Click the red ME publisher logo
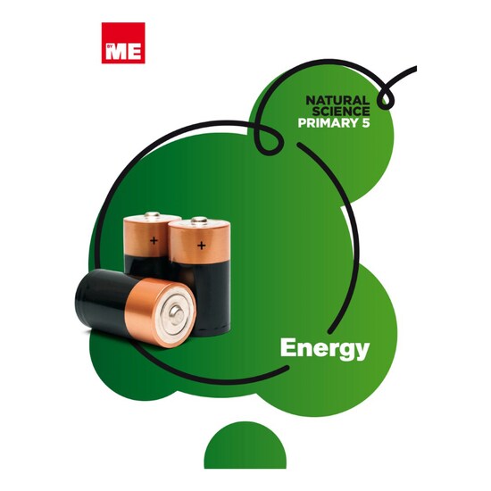click(x=123, y=43)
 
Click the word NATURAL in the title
click(x=337, y=101)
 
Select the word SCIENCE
click(x=341, y=112)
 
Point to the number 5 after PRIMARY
click(x=366, y=123)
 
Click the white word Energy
click(x=325, y=348)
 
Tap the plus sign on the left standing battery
click(x=154, y=240)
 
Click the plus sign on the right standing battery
click(x=202, y=245)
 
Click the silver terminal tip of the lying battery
click(x=176, y=313)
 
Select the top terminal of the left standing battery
click(x=152, y=214)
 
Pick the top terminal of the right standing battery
click(x=199, y=220)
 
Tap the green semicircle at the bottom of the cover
click(x=245, y=445)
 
